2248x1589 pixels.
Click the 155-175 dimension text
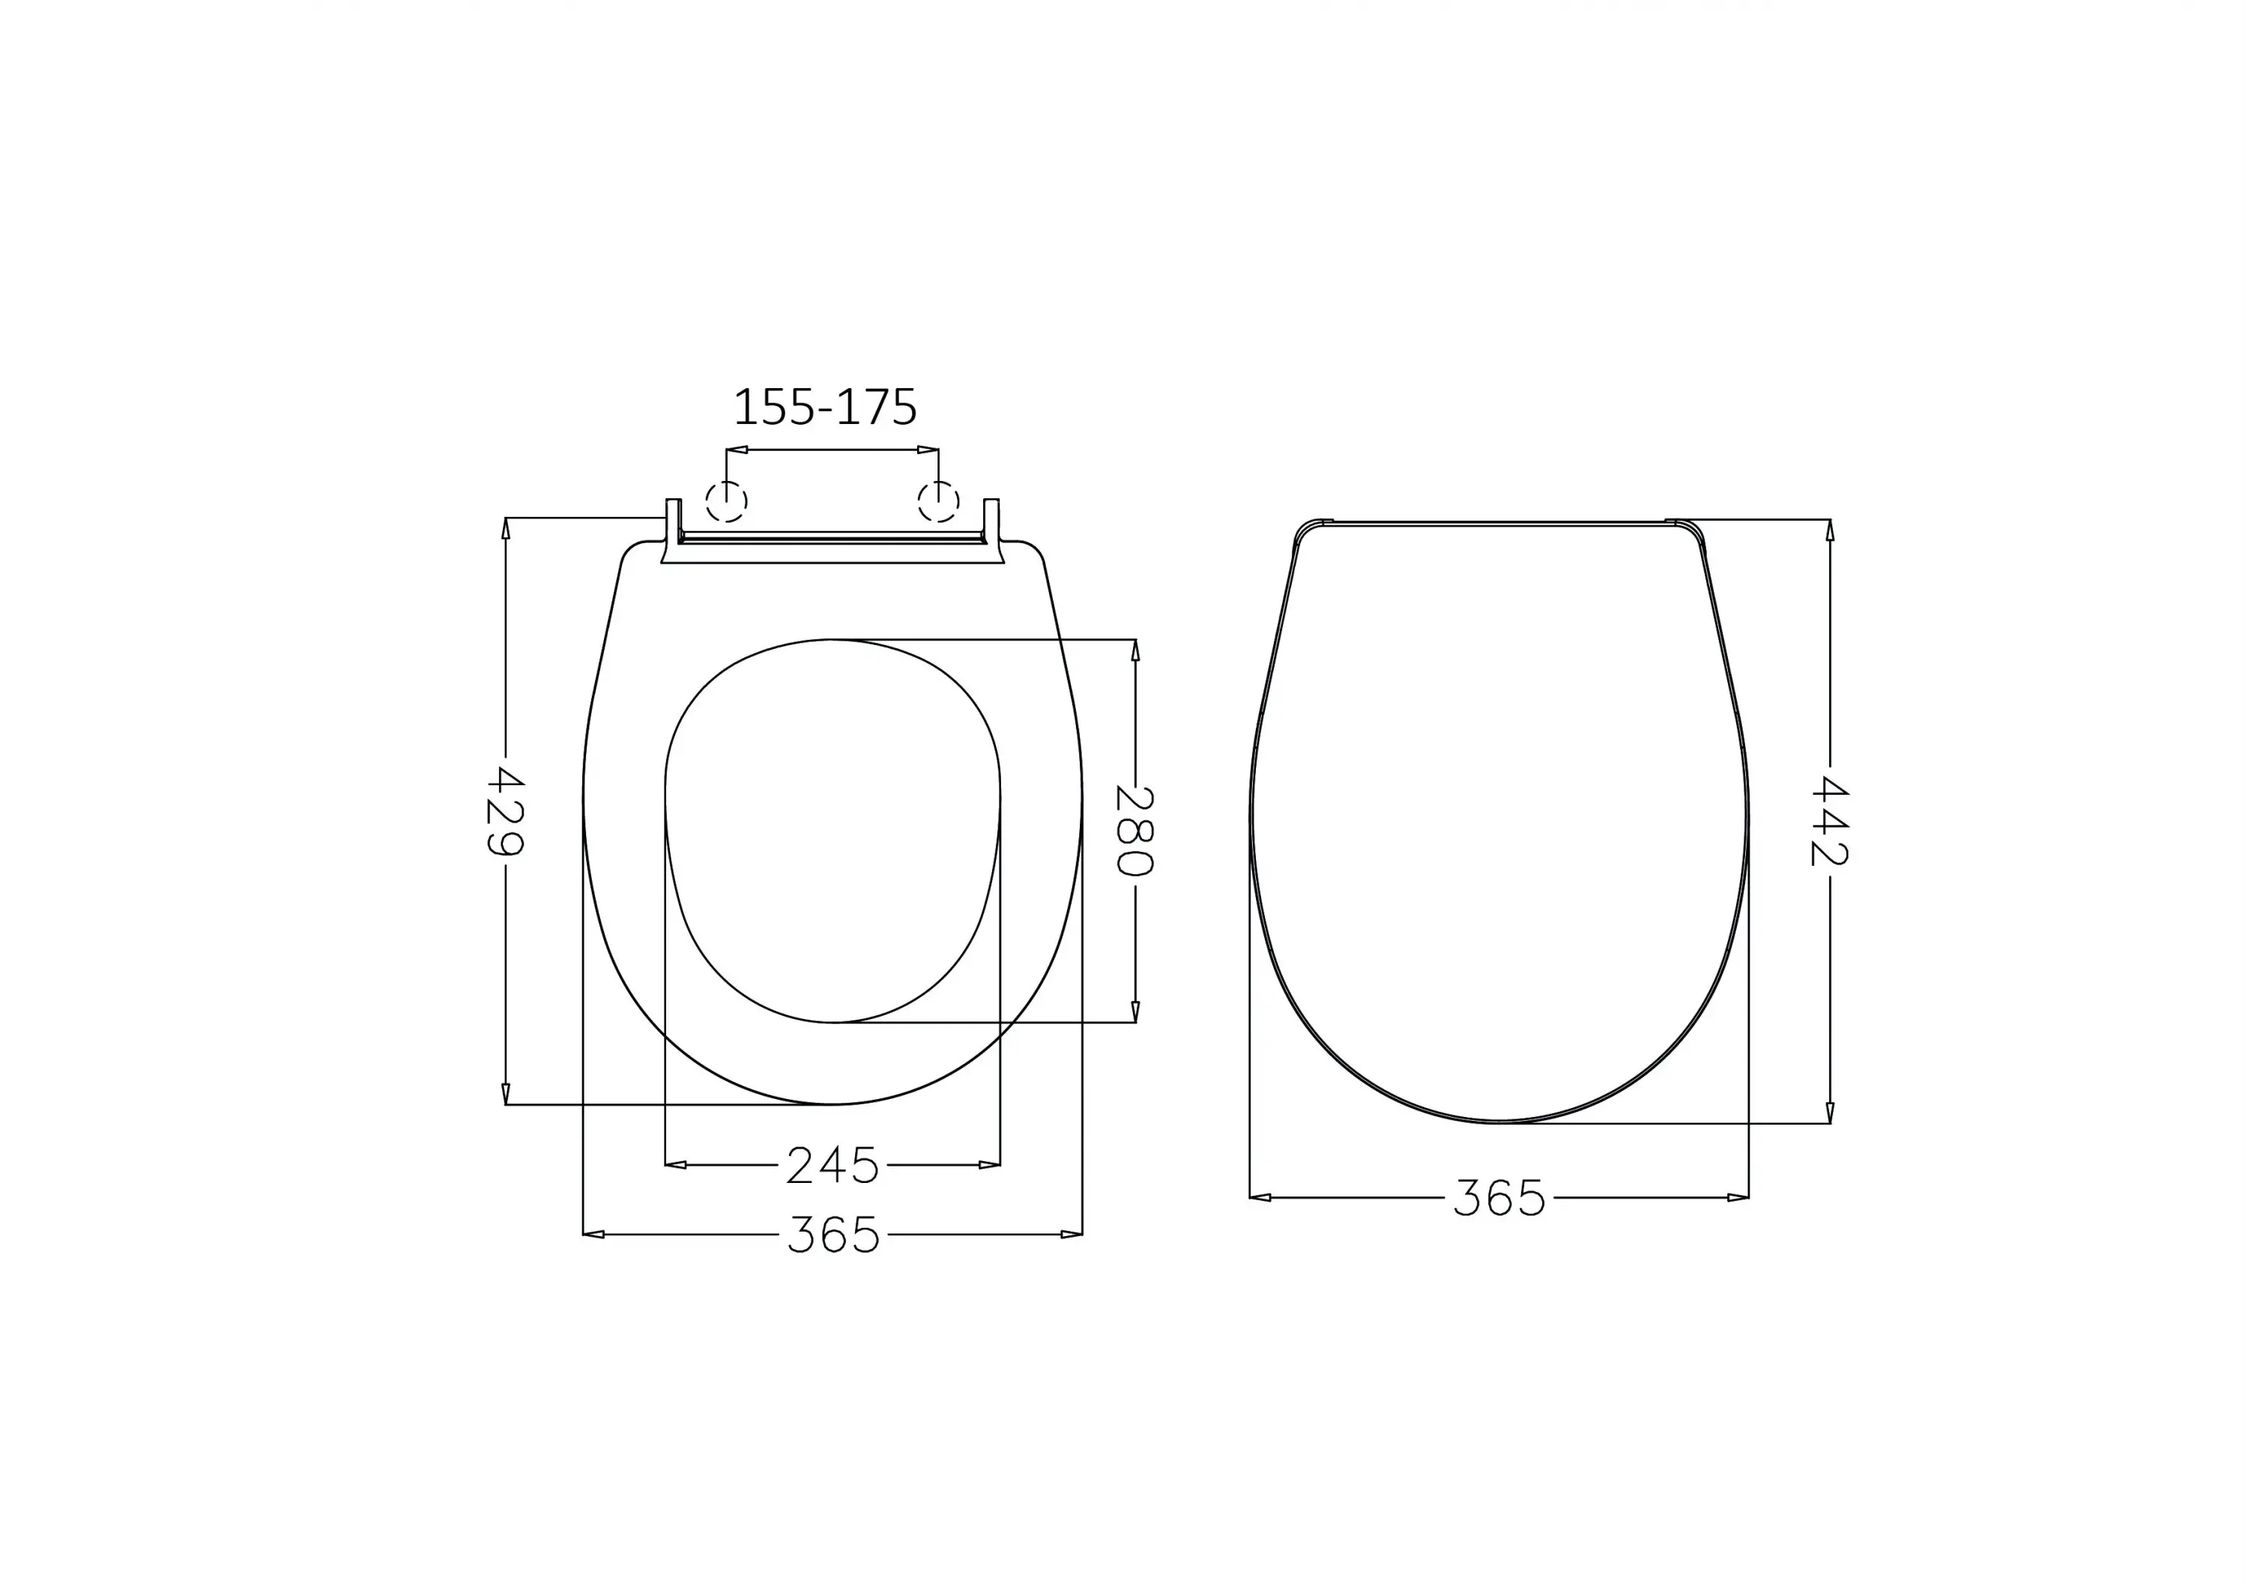click(824, 408)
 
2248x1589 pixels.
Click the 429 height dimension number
click(505, 811)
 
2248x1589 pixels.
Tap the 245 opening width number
click(833, 1165)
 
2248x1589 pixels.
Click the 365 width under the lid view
click(1499, 1197)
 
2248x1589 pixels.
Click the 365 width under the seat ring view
click(833, 1235)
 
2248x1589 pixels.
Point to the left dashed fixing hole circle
click(727, 502)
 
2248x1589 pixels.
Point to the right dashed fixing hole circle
click(938, 502)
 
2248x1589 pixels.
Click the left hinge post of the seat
click(673, 521)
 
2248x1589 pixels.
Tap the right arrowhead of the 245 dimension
click(989, 1165)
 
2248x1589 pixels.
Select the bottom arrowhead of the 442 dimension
click(1830, 1113)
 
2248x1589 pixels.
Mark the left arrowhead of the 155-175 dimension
click(737, 450)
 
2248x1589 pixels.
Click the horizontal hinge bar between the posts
click(833, 537)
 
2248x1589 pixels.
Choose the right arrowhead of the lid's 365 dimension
click(1738, 1197)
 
